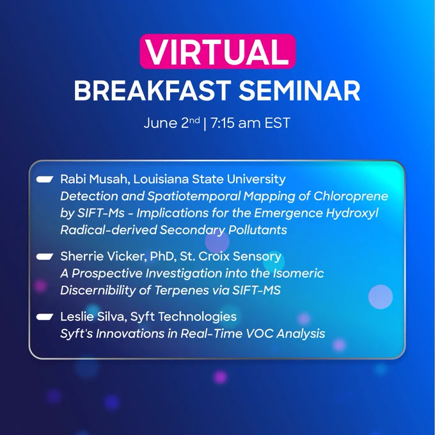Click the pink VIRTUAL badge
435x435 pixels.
(217, 51)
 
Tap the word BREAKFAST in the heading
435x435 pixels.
(153, 91)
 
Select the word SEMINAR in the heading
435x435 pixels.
(299, 91)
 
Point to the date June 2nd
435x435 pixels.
(171, 123)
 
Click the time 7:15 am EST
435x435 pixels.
(250, 123)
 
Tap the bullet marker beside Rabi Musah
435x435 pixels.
(45, 180)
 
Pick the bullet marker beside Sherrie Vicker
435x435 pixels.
(45, 257)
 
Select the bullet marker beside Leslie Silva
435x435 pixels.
(45, 317)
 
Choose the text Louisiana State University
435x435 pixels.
(209, 180)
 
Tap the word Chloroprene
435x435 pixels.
(351, 196)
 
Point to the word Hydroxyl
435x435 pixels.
(352, 213)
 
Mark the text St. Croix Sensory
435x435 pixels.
(230, 257)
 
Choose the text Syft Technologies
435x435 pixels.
(184, 317)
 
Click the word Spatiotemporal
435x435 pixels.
(194, 196)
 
